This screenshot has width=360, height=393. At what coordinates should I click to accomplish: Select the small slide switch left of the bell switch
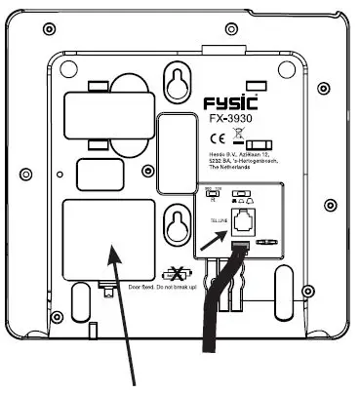click(214, 196)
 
